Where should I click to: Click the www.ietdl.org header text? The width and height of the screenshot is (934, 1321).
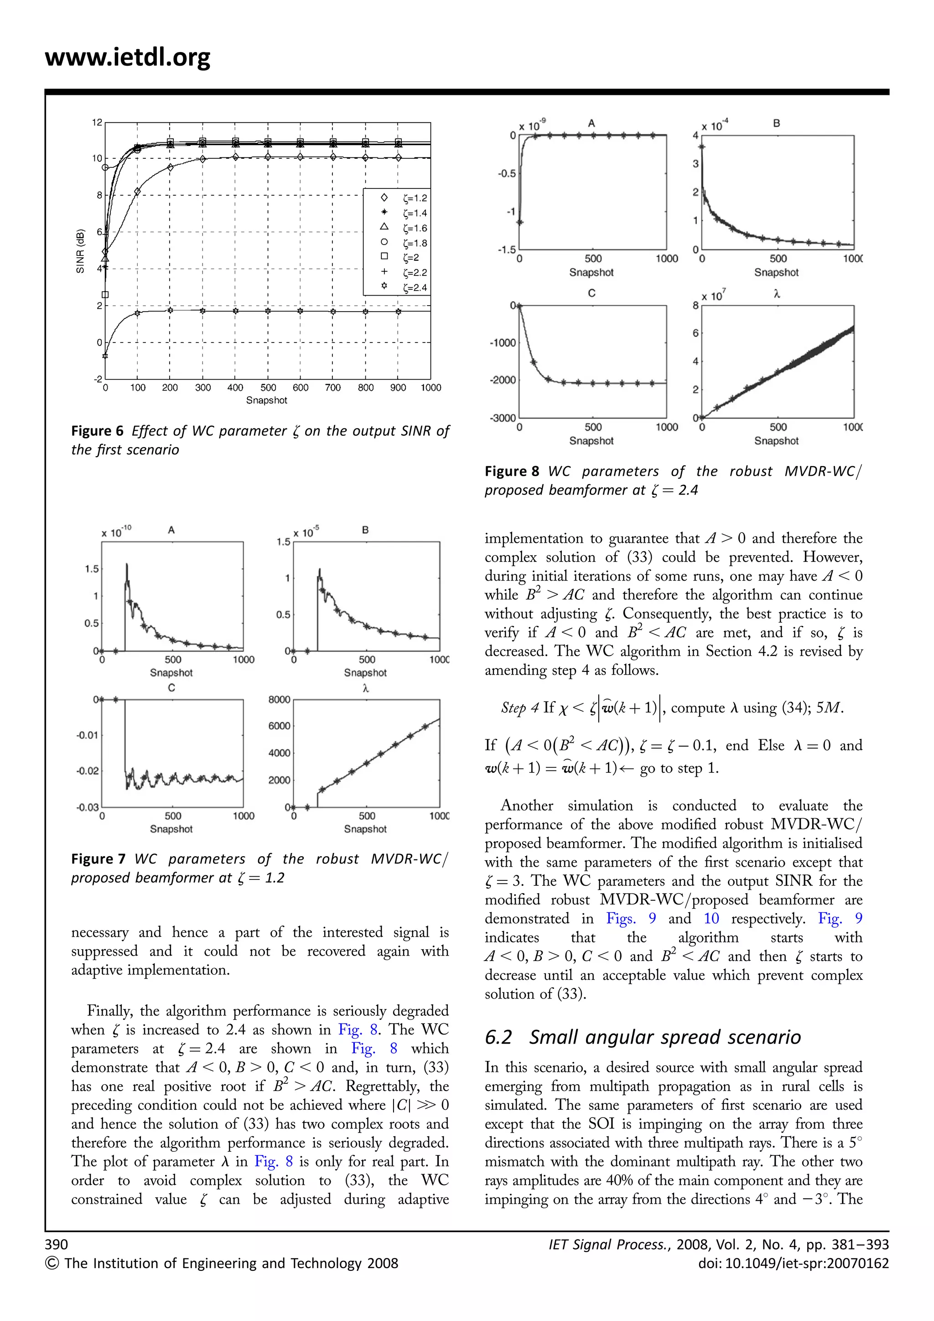coord(127,57)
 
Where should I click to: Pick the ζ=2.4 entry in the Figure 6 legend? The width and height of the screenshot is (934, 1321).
coord(414,288)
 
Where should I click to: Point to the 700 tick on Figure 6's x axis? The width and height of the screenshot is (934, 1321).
coord(333,388)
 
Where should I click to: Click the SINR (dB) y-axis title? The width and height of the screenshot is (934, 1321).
coord(81,251)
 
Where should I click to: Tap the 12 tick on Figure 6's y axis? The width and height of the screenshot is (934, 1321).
coord(97,123)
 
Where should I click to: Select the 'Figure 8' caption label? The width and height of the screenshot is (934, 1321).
coord(511,471)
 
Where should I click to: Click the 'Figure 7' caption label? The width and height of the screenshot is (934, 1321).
coord(98,859)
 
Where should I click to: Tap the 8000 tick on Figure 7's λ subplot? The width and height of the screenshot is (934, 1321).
coord(279,700)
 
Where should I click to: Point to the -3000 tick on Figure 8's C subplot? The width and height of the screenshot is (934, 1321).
coord(502,418)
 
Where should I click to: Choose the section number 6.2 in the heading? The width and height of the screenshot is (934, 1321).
coord(498,1037)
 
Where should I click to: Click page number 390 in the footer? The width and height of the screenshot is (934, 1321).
coord(57,1244)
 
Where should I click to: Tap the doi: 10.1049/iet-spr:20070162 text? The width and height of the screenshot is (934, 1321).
coord(793,1264)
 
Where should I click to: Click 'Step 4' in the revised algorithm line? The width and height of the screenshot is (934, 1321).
coord(519,707)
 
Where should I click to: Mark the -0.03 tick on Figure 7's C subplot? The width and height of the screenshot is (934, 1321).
coord(88,807)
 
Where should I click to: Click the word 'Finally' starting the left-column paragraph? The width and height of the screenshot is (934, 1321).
coord(110,1011)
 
